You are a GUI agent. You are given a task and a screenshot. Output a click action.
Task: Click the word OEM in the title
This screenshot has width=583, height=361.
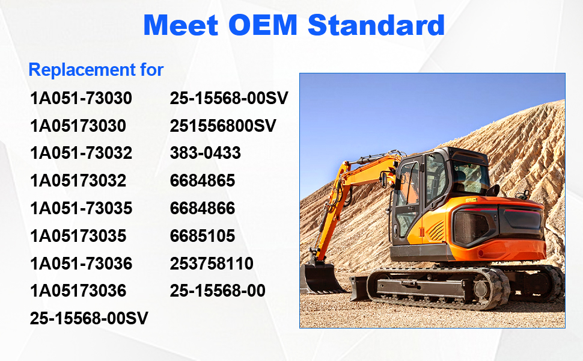point(263,25)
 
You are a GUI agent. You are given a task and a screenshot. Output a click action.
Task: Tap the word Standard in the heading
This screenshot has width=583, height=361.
point(376,25)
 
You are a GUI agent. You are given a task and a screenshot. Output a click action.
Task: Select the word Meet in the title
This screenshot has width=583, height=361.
point(181,25)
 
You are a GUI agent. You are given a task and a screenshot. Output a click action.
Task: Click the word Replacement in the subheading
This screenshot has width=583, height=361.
point(82,70)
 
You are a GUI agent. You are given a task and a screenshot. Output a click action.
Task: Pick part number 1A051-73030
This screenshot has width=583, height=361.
point(81,98)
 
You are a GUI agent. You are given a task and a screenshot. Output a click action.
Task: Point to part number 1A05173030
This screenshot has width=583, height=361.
point(78,126)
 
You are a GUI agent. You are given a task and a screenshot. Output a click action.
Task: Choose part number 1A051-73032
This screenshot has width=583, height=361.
point(81,153)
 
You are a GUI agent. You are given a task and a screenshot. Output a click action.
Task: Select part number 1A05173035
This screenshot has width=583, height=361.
point(78,236)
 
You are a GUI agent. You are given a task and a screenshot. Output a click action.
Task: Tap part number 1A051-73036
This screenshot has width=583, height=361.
point(81,264)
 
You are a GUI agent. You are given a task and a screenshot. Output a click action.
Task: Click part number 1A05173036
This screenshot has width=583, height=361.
point(78,291)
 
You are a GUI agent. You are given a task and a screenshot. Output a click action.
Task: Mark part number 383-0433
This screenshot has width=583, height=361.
point(205,153)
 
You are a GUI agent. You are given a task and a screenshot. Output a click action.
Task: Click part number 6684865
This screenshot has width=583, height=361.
point(203,180)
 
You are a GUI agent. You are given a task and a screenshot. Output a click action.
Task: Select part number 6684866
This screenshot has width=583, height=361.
point(203,208)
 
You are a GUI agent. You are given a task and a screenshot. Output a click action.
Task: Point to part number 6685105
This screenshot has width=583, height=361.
point(203,236)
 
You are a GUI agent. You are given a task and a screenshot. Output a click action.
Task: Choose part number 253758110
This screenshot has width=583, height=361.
point(212,264)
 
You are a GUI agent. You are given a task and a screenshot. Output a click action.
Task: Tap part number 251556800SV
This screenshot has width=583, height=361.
point(223,126)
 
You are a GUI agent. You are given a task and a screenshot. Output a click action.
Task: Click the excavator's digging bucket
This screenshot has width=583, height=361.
point(320,277)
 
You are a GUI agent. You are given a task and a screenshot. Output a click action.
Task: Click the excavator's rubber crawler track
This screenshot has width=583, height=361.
point(439,288)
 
